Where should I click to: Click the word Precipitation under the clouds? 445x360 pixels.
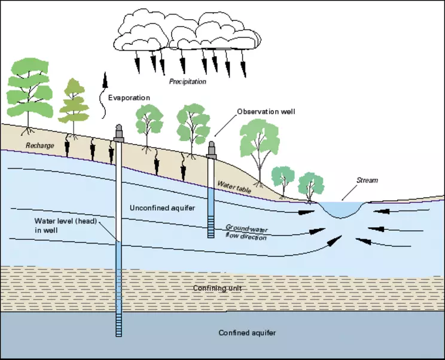tap(187, 81)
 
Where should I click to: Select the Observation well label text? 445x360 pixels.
tap(266, 112)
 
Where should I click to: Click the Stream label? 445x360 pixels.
tap(367, 180)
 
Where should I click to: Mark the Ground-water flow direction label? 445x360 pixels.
tap(245, 231)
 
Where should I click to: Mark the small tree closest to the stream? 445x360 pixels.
tap(310, 185)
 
